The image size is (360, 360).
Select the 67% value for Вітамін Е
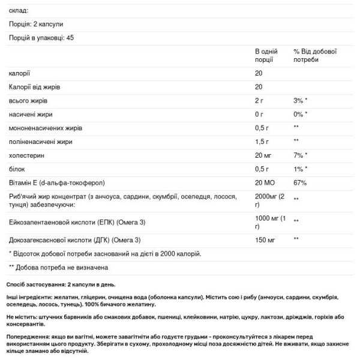300,183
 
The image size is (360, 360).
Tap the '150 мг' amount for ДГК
265,240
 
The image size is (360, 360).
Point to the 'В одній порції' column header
267,56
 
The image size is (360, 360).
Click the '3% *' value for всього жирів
301,100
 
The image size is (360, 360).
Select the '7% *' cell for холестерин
301,155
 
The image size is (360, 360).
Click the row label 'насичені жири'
31,114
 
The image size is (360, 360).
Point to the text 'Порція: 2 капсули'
36,24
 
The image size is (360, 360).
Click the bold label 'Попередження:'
28,338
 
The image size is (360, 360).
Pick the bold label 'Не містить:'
23,317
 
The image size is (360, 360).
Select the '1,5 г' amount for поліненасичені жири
263,142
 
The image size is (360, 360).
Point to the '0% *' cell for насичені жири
301,114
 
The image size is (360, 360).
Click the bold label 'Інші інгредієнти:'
31,296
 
